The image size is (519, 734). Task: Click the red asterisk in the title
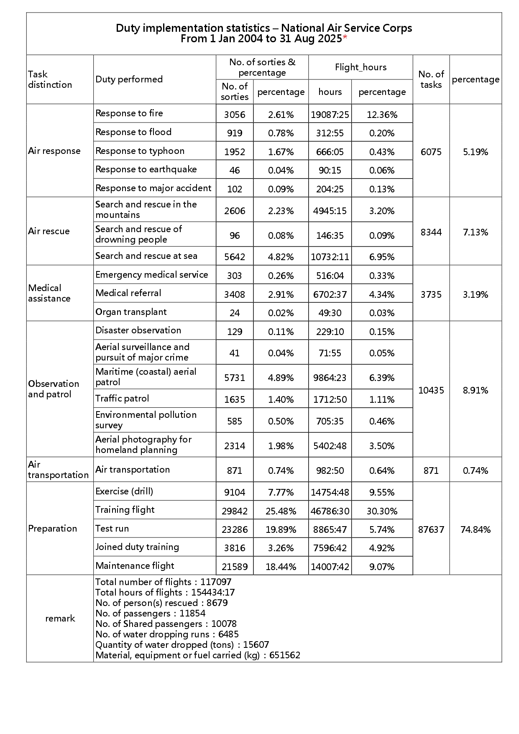click(345, 38)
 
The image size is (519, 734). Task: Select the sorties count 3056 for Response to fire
click(235, 115)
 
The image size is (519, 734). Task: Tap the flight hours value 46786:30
click(330, 511)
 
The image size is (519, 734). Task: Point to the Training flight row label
click(125, 510)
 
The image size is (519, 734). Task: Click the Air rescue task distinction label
click(49, 231)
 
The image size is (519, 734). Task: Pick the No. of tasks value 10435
click(431, 390)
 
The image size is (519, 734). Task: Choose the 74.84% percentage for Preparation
click(476, 529)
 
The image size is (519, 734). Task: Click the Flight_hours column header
click(360, 67)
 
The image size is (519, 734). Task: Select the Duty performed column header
click(129, 79)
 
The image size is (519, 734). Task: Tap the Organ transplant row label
click(131, 312)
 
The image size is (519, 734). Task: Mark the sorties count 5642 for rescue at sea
click(235, 257)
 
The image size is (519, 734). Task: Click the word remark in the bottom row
click(60, 618)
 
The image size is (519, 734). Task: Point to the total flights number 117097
click(216, 582)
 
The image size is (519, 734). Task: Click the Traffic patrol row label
click(122, 399)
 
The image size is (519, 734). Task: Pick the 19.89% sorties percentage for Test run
click(281, 529)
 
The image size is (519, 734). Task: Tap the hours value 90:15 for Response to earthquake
click(330, 170)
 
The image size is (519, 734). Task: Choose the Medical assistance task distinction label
click(49, 293)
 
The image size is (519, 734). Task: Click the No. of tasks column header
click(431, 79)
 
